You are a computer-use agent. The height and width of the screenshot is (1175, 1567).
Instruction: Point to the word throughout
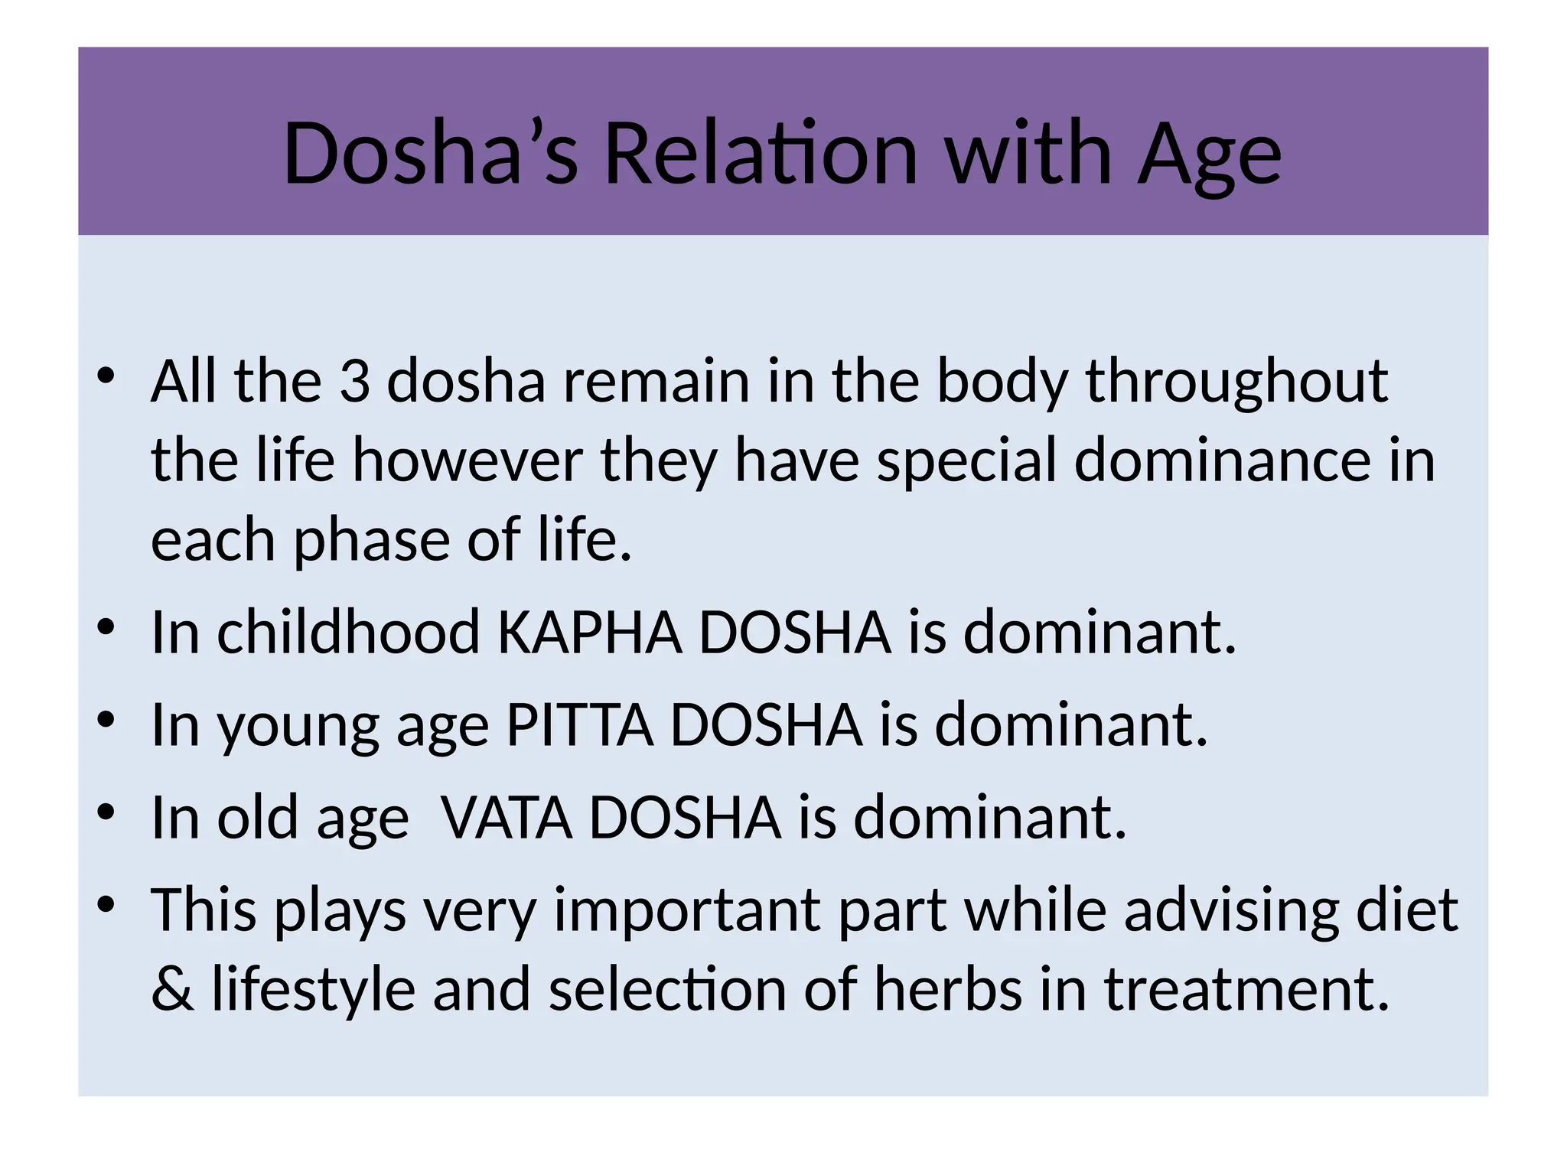(1236, 382)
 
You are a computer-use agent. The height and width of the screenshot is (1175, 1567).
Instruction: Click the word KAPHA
(590, 633)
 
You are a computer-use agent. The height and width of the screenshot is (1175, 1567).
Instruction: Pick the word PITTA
(580, 724)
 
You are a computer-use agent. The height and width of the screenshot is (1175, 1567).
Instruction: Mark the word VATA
(507, 817)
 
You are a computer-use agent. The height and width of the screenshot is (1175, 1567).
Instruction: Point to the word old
(258, 817)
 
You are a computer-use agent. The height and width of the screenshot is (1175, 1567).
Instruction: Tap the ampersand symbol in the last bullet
(172, 988)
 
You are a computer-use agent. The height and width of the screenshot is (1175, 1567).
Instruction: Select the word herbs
(948, 988)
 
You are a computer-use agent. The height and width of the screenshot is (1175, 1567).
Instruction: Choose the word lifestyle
(314, 990)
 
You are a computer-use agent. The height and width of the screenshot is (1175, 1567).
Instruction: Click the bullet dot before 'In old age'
(106, 812)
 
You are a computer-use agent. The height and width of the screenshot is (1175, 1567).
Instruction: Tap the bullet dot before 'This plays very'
(106, 904)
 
